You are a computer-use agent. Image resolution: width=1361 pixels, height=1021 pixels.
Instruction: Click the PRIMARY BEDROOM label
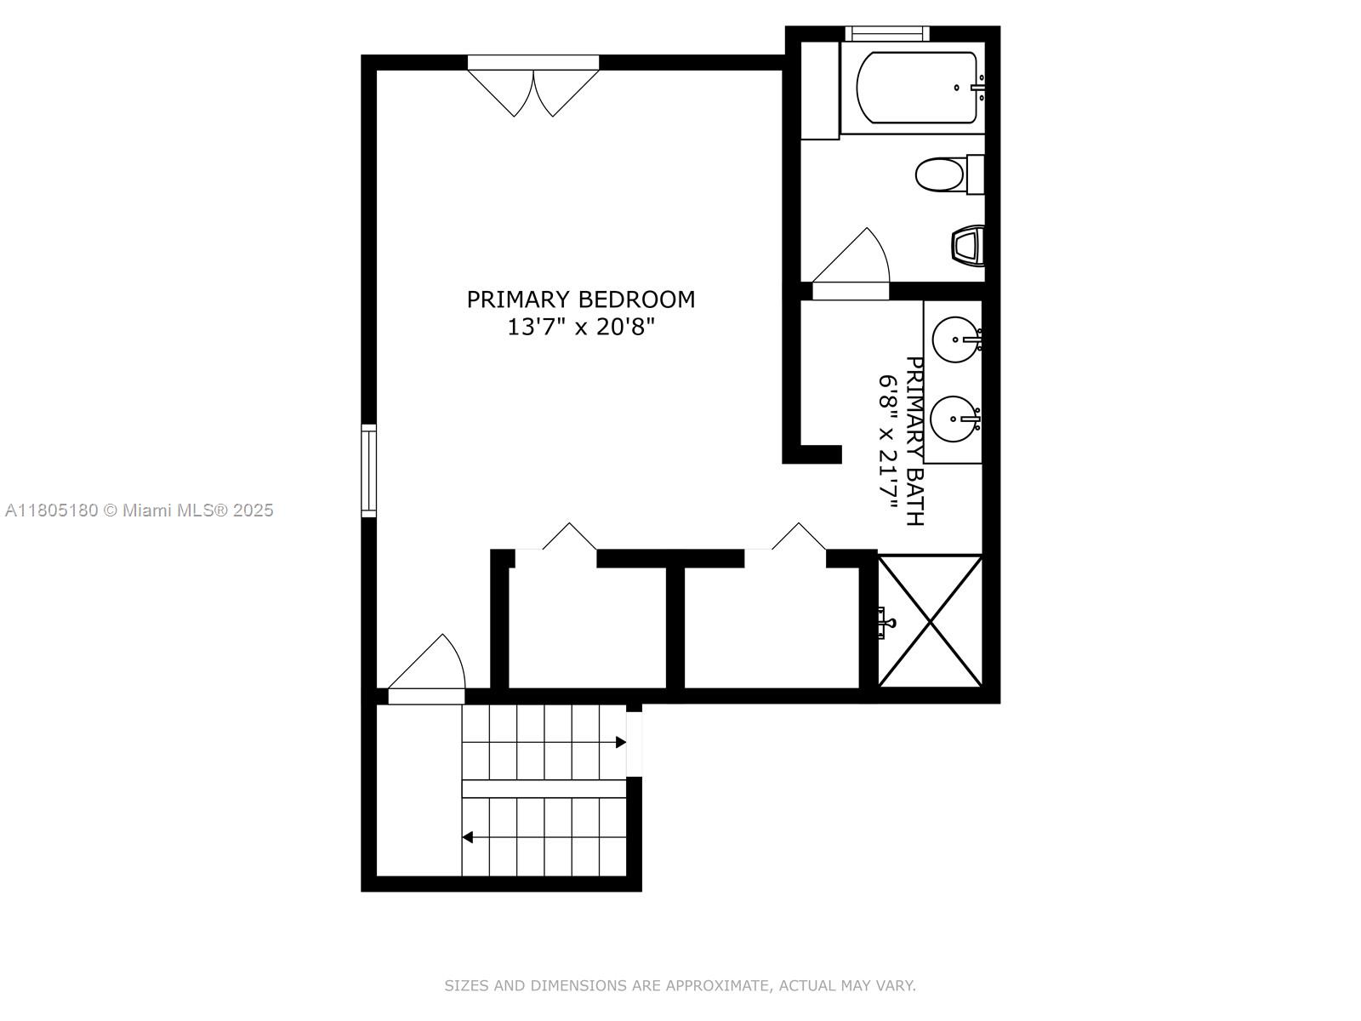(580, 299)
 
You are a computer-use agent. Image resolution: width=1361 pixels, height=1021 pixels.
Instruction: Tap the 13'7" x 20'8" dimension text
(581, 327)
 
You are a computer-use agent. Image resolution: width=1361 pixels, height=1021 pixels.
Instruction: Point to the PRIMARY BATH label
(914, 441)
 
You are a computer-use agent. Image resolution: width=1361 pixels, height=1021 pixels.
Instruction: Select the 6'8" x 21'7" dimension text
(888, 442)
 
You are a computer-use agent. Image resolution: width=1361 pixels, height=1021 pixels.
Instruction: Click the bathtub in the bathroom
(916, 88)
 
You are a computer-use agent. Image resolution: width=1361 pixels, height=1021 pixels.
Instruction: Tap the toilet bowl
(941, 174)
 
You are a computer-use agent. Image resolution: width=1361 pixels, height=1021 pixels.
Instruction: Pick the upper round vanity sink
(955, 339)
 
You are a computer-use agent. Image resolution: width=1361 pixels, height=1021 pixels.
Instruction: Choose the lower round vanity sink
(955, 419)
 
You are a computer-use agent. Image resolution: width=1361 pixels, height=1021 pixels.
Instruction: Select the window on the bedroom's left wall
(369, 471)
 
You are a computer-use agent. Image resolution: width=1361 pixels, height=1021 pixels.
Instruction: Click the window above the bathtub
(887, 33)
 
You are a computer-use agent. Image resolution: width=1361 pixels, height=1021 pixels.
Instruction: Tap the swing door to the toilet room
(851, 264)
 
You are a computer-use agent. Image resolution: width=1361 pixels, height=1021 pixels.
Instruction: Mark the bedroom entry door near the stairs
(427, 669)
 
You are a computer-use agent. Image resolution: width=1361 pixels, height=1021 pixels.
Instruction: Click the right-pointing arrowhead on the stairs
(621, 742)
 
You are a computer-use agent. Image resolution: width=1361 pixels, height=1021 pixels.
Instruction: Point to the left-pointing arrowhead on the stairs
(468, 837)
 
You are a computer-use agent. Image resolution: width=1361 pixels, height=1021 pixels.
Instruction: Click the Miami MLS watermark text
(139, 510)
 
